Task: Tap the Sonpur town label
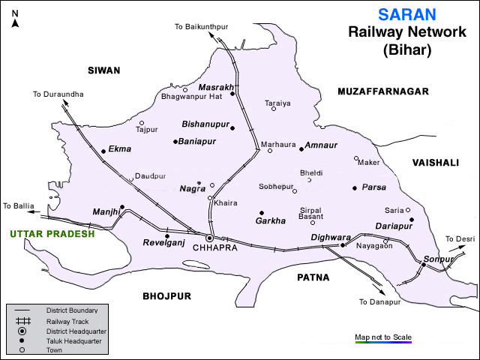tap(439, 259)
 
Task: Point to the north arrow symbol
tap(14, 16)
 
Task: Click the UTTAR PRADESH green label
tap(52, 234)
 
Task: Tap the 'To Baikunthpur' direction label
tap(201, 27)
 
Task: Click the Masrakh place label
tap(215, 88)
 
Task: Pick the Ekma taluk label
tap(120, 149)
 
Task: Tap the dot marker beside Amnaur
tap(301, 149)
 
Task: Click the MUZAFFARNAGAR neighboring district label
tap(382, 91)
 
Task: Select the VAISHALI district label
tap(435, 161)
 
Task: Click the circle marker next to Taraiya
tap(274, 109)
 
